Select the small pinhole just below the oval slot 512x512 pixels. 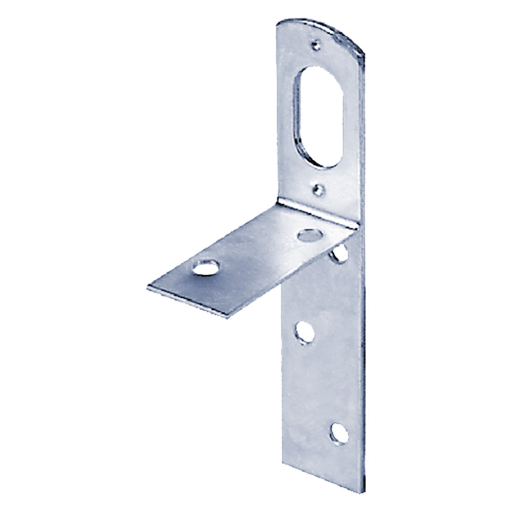319,190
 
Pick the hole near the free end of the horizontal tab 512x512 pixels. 204,267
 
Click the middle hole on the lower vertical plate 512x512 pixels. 306,332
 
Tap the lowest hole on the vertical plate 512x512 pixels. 338,433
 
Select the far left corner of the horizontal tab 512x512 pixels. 148,288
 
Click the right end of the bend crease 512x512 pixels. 356,228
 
